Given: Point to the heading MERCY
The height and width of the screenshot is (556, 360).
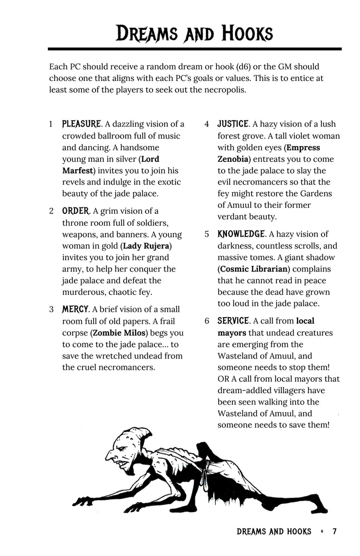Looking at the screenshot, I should click(x=75, y=309).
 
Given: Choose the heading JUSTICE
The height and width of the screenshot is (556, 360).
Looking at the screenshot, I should click(x=233, y=124).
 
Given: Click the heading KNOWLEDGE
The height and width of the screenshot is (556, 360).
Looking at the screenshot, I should click(x=242, y=234).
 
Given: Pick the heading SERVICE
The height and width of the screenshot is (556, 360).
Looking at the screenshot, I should click(x=233, y=321).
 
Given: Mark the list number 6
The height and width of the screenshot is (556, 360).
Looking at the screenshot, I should click(x=207, y=321).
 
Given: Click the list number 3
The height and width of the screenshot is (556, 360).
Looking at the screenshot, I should click(x=51, y=309).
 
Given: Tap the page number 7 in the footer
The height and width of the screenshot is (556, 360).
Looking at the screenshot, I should click(x=334, y=531).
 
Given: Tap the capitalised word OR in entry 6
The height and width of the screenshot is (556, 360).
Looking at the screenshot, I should click(x=223, y=379).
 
